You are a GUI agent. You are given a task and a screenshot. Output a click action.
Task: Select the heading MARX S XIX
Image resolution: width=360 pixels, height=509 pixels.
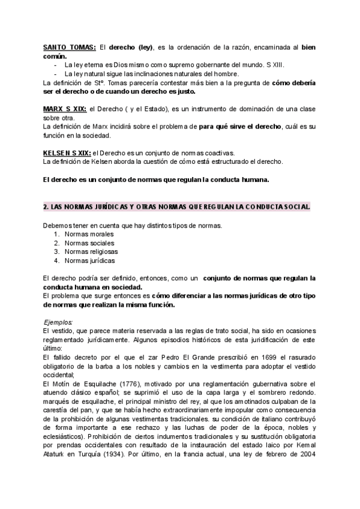(x=65, y=108)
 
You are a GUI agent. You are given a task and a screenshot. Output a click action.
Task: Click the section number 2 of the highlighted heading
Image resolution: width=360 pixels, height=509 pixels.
(x=46, y=206)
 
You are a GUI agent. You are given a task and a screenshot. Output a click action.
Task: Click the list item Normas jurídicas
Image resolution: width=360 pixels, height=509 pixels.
(x=91, y=261)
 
